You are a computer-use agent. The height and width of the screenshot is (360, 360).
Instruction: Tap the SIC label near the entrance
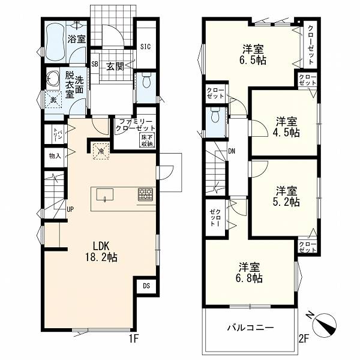point(146,47)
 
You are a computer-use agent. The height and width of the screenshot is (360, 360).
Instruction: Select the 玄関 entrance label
point(115,67)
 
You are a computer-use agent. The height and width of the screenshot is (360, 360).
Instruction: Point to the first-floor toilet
point(146,80)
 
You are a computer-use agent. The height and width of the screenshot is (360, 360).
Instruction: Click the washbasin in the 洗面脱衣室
point(53,80)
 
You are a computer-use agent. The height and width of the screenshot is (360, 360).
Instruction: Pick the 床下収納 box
point(148,140)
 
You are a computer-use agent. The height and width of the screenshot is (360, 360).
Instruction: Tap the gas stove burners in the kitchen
point(145,194)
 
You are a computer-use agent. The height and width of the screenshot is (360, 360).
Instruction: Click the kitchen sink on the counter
point(105,194)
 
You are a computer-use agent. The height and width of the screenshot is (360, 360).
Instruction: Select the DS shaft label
point(146,286)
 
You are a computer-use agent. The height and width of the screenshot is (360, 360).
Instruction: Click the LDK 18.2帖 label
point(101,251)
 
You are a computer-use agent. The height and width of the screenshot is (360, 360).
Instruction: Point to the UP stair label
point(70,209)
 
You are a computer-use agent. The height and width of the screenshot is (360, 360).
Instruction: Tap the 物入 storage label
point(55,156)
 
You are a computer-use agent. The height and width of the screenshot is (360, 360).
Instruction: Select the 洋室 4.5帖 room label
point(287,127)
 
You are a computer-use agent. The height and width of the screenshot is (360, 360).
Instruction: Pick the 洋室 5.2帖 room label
point(287,196)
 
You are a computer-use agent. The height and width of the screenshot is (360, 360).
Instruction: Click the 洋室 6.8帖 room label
point(250,273)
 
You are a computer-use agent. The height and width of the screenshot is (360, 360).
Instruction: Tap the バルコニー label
point(250,328)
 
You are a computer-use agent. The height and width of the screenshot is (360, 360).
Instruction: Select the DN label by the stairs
point(232,151)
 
